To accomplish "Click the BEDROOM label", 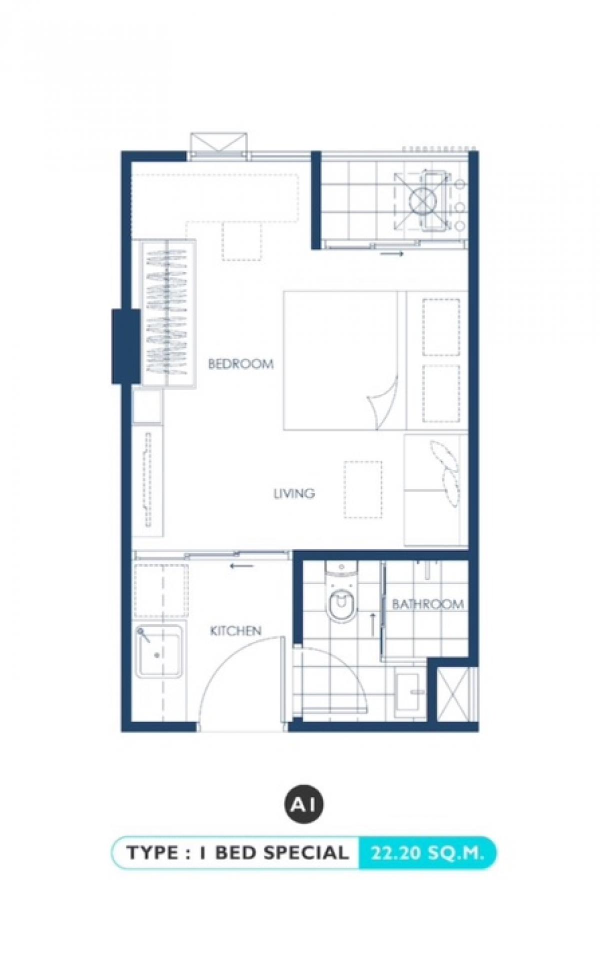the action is (241, 364).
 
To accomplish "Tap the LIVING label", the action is (294, 494).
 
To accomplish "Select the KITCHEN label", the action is (235, 631).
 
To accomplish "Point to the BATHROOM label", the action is (427, 604).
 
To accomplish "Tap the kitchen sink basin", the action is (158, 651).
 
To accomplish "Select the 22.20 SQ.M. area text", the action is (427, 853).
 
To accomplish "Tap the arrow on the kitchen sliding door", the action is (242, 566).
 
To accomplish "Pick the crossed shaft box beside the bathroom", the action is (452, 695).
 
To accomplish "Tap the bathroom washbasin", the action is (410, 692).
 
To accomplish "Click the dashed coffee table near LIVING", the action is (363, 490).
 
